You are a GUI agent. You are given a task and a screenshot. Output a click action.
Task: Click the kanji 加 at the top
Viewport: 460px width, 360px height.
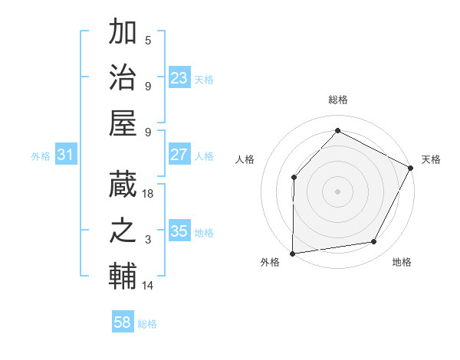[123, 33]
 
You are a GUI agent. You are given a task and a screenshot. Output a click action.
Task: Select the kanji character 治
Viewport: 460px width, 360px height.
[123, 77]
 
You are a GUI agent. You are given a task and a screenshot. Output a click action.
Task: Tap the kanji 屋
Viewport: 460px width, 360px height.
[123, 122]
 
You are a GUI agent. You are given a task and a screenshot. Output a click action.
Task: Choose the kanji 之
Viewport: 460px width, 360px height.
[123, 231]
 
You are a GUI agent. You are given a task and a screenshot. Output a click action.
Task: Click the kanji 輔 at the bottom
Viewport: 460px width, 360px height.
[123, 276]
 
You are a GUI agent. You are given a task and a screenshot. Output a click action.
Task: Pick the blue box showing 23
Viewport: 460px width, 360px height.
[179, 78]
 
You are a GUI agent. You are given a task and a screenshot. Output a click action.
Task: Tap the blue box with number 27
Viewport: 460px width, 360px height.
[179, 155]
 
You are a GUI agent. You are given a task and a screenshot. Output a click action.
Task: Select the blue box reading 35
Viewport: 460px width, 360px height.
[179, 231]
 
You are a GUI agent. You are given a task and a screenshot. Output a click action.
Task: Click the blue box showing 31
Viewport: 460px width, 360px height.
[65, 155]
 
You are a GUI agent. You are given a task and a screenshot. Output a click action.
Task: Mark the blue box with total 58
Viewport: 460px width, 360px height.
[123, 322]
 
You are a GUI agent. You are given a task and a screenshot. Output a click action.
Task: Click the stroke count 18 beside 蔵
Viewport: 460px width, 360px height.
[149, 195]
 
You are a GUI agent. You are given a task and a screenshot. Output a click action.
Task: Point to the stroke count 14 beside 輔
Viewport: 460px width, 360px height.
[149, 286]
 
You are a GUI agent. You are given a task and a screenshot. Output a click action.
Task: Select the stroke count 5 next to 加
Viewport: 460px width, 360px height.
[148, 41]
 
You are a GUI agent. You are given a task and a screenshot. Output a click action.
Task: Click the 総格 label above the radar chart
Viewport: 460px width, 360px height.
[337, 100]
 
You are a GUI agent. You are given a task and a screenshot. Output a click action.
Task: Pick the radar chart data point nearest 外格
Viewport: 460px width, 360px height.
[292, 253]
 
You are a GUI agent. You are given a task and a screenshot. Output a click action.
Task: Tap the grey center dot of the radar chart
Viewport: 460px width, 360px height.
[337, 191]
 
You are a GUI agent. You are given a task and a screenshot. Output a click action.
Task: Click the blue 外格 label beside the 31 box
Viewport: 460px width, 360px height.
[41, 155]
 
